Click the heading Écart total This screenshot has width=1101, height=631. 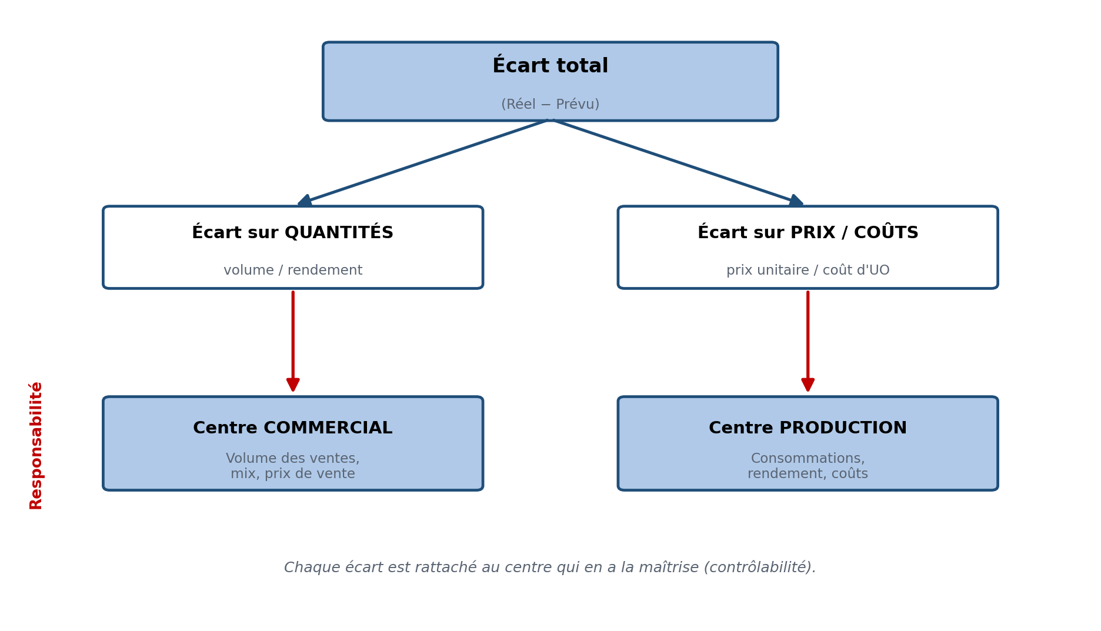[550, 65]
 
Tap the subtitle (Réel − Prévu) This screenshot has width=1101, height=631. [550, 105]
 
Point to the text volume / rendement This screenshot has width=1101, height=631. [293, 271]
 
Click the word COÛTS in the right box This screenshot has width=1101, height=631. [886, 232]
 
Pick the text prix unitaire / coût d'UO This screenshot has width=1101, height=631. [808, 271]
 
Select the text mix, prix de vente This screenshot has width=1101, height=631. [293, 474]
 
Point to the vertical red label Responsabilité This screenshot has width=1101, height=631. [36, 445]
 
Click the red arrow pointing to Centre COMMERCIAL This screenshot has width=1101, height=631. [293, 341]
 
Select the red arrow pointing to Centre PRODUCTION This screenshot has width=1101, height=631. [808, 341]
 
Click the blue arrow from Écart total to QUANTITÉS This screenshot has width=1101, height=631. [422, 162]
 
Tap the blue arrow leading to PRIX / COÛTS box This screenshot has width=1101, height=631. [678, 162]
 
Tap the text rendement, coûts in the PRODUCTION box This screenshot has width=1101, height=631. [808, 474]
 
